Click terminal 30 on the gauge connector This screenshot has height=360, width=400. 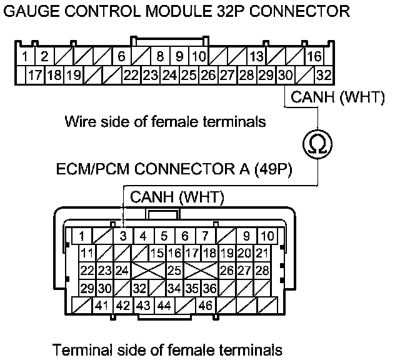tap(285, 76)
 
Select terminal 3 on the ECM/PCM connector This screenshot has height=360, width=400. tap(123, 236)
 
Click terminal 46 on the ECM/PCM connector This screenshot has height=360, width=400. tap(205, 306)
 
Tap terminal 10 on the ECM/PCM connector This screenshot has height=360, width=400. tap(267, 236)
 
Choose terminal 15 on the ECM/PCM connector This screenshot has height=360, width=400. tap(157, 253)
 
